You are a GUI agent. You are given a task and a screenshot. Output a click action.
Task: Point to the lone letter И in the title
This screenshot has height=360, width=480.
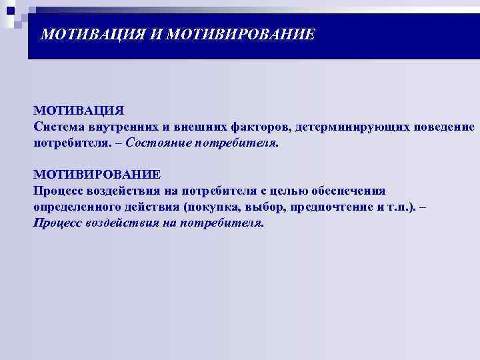pos(155,33)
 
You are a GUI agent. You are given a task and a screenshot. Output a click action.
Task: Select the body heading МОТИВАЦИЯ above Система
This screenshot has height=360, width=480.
pos(79,110)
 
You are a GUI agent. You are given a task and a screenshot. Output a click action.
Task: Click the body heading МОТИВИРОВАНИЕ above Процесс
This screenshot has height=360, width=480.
pos(97,175)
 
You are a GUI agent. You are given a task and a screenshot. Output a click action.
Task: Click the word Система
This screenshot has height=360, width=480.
pos(60,127)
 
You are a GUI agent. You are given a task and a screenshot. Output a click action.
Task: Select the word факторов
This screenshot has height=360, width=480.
pos(257,127)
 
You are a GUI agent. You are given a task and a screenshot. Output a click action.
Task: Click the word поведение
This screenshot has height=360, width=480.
pos(441,127)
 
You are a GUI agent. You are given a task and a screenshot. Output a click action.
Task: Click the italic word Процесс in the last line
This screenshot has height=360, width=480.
pos(58,223)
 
